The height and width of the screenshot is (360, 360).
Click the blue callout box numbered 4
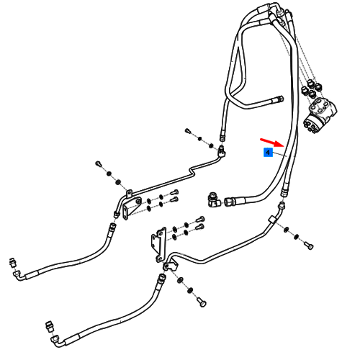tap(268, 153)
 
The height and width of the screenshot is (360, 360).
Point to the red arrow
tap(272, 142)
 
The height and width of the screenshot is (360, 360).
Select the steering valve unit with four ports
tap(320, 114)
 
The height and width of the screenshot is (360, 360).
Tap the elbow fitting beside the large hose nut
tap(214, 199)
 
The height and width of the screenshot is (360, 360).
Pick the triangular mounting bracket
tap(132, 207)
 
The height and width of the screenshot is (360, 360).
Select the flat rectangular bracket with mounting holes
tap(159, 244)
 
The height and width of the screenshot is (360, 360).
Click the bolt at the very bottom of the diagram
tap(202, 302)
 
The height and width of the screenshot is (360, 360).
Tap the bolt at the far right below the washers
tap(309, 246)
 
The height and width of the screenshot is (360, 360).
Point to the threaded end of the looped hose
tap(279, 99)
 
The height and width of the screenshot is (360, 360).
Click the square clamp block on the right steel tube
tap(272, 220)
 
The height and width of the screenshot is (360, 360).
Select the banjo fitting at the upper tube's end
tap(222, 150)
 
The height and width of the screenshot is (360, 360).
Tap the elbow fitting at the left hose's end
tap(18, 275)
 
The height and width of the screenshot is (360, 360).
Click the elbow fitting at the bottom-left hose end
tap(57, 341)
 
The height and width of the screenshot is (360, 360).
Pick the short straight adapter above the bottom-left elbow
tap(50, 326)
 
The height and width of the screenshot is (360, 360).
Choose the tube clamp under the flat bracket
tap(171, 266)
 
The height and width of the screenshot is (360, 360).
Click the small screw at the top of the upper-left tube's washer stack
tap(99, 163)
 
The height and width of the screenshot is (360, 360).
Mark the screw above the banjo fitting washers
tap(188, 131)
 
